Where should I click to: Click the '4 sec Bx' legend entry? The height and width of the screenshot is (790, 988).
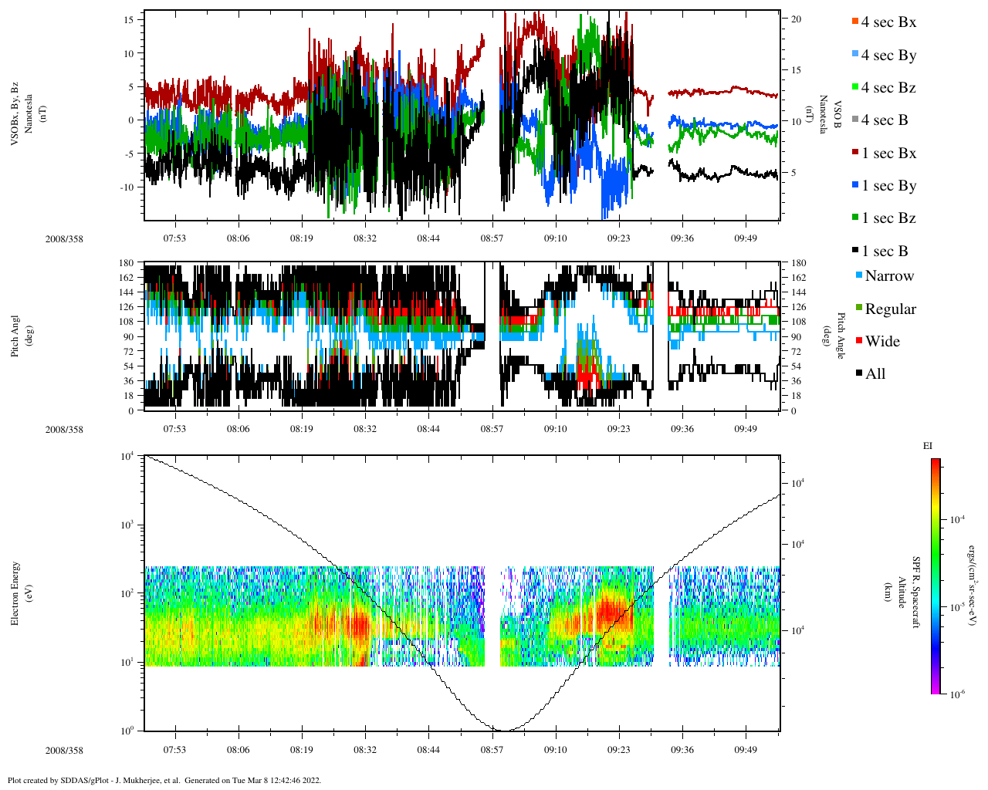coord(888,22)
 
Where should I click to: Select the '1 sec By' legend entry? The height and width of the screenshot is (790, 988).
coord(888,186)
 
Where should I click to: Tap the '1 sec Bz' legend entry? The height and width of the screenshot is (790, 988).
coord(888,218)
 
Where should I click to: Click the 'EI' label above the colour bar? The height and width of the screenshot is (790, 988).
coord(928,446)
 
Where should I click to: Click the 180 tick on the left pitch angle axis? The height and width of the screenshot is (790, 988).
coord(127,263)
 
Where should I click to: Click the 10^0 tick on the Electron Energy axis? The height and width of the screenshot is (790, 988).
coord(128,730)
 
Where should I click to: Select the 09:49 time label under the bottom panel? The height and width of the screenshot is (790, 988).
coord(745,750)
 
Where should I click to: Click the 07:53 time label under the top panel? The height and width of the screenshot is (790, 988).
coord(174,238)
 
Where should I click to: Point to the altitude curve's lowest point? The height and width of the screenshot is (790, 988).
coord(502,730)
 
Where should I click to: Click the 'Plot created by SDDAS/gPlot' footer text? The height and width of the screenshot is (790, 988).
coord(164,780)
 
